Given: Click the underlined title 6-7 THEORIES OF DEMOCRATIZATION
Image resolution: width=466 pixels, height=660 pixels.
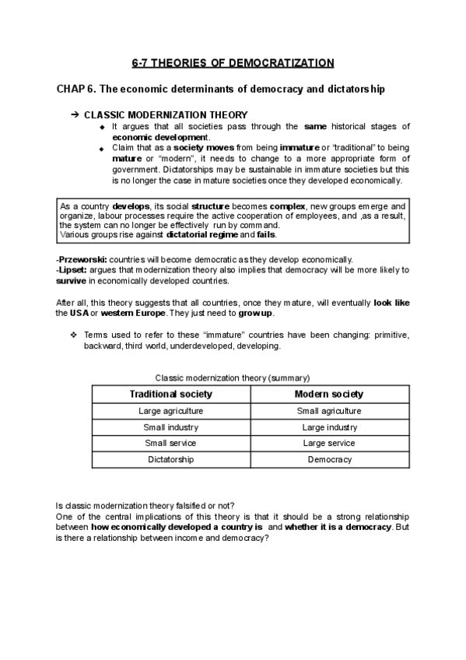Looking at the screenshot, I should pos(233,62).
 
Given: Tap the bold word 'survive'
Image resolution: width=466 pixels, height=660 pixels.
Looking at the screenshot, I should pos(73,279).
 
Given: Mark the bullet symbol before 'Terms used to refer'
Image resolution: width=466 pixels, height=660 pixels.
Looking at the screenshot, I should pos(74,335).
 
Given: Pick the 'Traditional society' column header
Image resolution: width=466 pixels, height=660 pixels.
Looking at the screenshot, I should pos(170,395).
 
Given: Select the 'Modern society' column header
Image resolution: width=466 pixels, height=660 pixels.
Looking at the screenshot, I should pos(329,395).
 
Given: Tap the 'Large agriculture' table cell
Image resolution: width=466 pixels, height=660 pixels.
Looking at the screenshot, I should pos(170,411).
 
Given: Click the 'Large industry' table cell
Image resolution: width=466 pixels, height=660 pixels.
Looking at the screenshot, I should pos(329,427).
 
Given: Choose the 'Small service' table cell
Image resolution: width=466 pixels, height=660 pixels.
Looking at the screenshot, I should pos(170,443).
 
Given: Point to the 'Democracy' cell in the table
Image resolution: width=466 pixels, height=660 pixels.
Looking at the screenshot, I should pos(329,459).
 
